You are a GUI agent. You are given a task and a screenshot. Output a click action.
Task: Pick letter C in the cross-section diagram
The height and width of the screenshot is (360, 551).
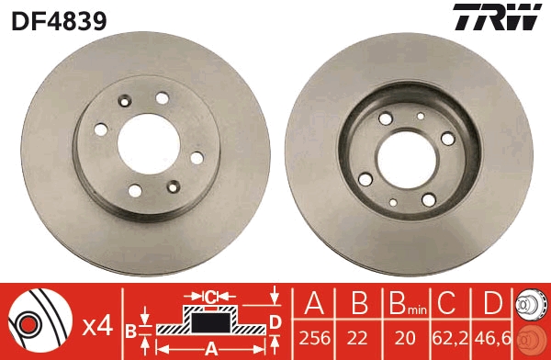(x=210, y=296)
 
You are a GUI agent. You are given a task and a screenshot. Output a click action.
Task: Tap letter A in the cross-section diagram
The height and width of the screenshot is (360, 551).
(x=210, y=347)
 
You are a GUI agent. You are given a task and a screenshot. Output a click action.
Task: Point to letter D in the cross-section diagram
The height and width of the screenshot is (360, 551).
(x=274, y=321)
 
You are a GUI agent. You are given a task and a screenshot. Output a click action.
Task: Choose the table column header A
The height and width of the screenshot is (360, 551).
(x=315, y=303)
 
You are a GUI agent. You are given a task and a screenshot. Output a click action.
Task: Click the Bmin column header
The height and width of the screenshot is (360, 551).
(x=405, y=305)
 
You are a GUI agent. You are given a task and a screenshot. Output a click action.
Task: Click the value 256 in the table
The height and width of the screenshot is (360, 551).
(x=315, y=338)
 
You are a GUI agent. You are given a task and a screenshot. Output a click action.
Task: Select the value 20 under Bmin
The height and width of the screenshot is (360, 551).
(x=405, y=338)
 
